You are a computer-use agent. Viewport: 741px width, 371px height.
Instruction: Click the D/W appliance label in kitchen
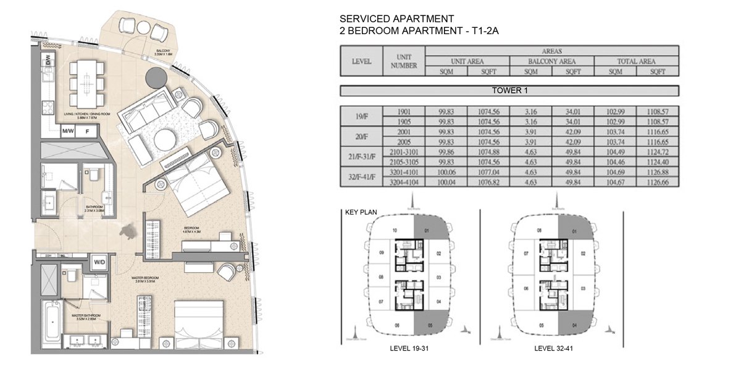48,61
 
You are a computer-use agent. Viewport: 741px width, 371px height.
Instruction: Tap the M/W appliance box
68,132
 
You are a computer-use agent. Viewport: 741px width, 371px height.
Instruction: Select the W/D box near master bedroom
99,262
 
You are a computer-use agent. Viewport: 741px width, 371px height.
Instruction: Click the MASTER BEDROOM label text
146,278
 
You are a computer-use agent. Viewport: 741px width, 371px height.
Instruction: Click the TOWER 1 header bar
509,90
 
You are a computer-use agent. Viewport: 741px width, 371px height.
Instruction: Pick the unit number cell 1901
404,111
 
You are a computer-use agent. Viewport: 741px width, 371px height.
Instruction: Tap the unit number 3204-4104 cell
404,182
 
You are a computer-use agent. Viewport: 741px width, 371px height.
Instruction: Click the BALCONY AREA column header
551,61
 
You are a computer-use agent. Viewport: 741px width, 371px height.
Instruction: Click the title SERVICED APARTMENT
397,19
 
